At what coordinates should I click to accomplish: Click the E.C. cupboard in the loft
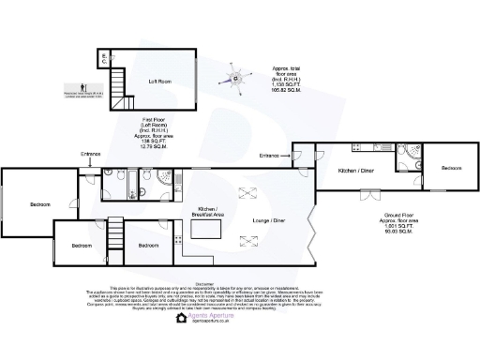tap(104, 59)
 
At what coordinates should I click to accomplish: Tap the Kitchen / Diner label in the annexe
tap(356, 171)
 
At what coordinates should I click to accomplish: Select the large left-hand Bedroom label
tap(39, 203)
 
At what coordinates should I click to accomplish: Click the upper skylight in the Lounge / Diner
tap(249, 192)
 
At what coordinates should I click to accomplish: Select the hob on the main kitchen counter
tap(179, 240)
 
